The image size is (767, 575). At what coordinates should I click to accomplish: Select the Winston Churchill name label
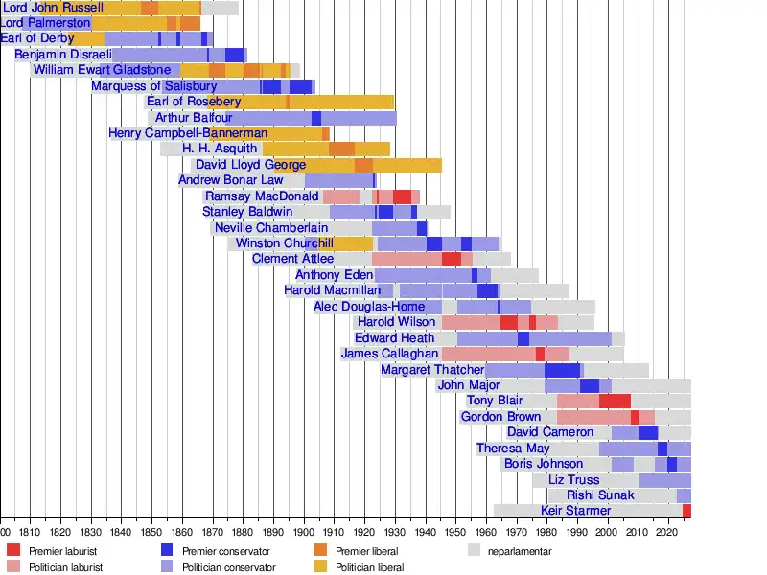pos(285,243)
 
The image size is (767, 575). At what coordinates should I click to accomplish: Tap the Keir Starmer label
pos(576,511)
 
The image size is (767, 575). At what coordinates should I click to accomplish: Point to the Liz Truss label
pos(573,480)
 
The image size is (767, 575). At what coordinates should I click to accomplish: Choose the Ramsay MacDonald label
pos(262,196)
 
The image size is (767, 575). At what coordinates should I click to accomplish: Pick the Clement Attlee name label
pos(292,259)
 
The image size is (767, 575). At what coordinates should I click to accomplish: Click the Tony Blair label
pos(495,401)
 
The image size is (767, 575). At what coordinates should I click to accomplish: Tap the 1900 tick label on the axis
pos(304,530)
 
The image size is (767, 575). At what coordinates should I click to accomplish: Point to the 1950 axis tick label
pos(455,530)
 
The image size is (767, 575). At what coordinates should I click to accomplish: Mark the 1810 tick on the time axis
pos(31,530)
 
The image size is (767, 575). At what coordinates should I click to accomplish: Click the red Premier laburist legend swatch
pos(12,550)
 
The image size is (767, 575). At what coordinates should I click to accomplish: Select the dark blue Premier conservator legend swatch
pos(167,550)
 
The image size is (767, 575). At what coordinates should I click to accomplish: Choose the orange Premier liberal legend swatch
pos(320,550)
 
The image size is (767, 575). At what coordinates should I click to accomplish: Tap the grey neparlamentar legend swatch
pos(474,550)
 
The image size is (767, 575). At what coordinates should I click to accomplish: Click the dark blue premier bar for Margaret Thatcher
pos(562,370)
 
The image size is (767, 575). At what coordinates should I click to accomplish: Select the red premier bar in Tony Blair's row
pos(615,401)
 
